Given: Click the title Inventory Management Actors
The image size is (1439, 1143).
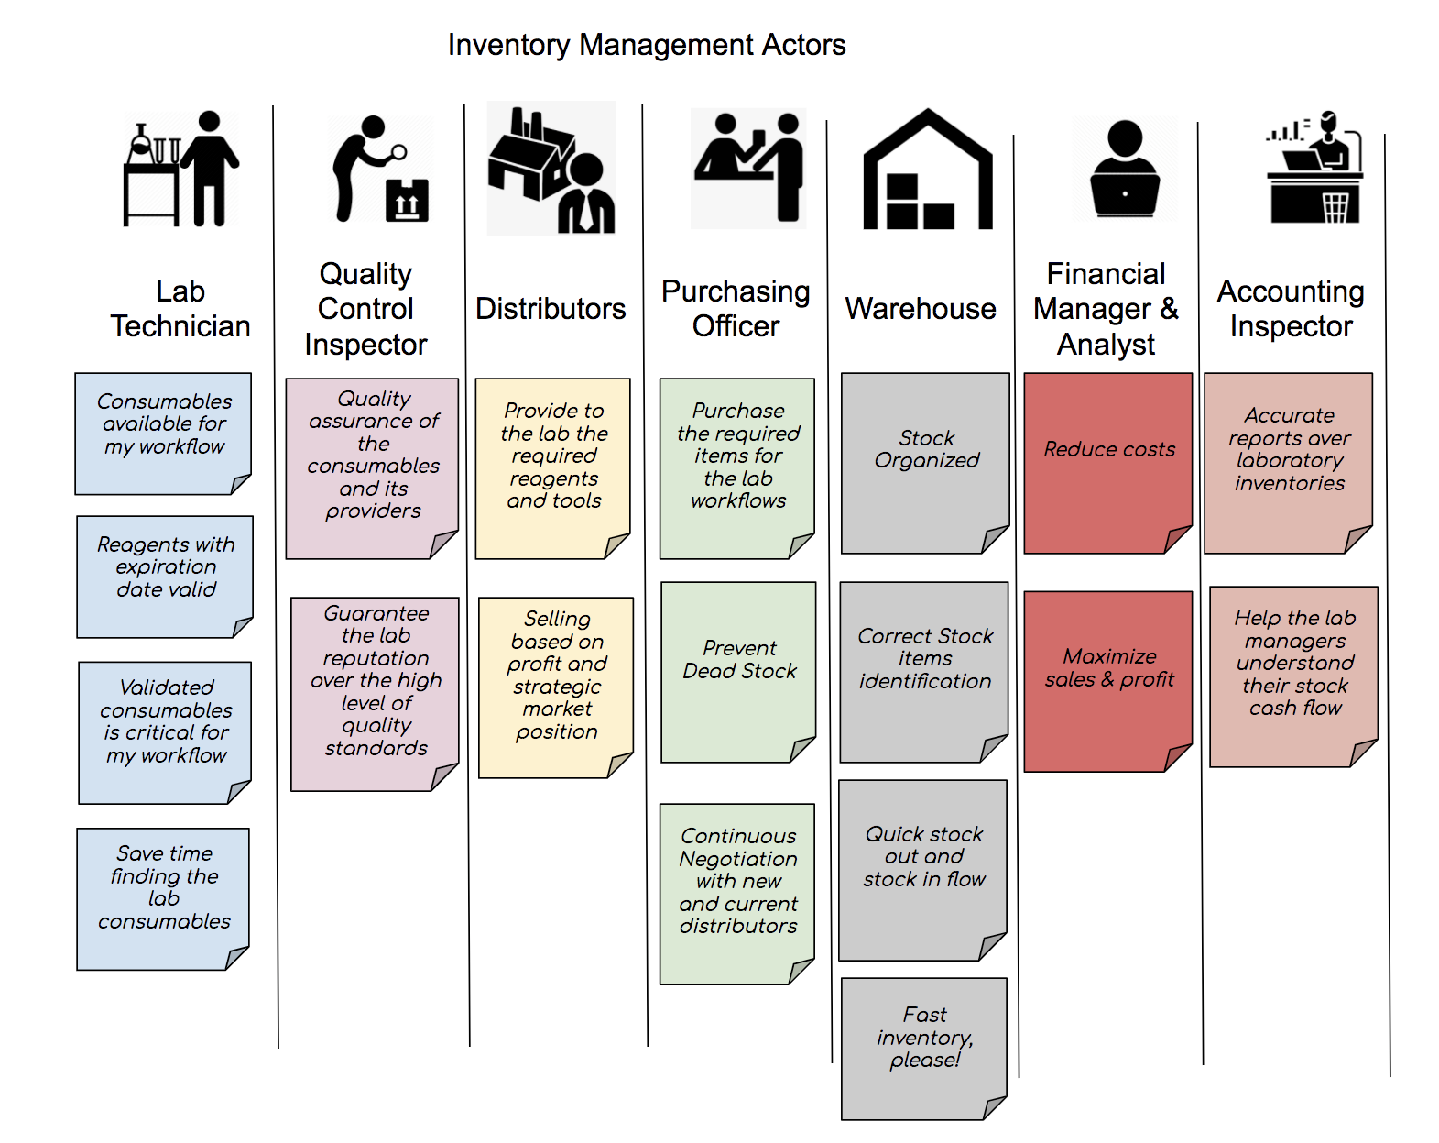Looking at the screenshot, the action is coord(647,46).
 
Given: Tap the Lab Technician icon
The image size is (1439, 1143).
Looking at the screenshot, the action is coord(180,169).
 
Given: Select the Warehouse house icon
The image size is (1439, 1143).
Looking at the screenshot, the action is coord(928,170).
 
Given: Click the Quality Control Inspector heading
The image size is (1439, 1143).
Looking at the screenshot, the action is coord(365,309).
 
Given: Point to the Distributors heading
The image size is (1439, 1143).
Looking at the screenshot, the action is coord(551,309).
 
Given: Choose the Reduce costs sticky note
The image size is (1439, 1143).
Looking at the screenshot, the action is coord(1108,463).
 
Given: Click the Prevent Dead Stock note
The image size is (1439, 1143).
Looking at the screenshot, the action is coord(738,672).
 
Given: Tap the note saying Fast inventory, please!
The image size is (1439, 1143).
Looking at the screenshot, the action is coord(924,1049).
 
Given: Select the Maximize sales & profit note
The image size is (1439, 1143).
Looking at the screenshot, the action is coord(1108,681).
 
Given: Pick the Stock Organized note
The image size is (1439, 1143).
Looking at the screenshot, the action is coord(925,463).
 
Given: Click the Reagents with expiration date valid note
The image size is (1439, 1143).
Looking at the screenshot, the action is coord(165,577).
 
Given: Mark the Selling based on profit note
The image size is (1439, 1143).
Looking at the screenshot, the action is coord(556,687).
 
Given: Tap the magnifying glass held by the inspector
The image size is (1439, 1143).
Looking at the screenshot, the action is coord(398,152).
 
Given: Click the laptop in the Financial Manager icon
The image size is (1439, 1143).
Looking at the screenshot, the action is coord(1125,194).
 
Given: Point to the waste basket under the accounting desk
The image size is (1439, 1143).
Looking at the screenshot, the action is coord(1335,207).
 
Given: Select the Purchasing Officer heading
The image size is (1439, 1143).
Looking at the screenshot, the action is coord(736,309).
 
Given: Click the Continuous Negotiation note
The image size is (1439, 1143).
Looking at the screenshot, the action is coord(736,894).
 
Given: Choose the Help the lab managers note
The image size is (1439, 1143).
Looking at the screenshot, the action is coord(1294,676).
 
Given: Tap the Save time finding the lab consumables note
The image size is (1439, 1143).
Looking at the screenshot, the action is coord(163,899).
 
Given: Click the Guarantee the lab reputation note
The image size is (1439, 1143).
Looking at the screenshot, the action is coord(375,694).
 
